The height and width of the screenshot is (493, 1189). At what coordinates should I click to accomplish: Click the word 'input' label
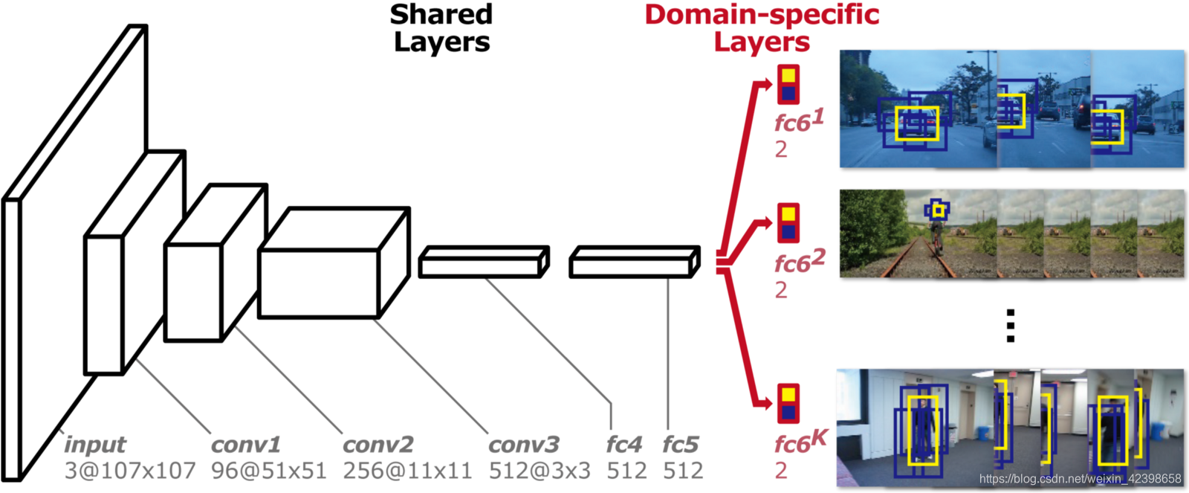95,445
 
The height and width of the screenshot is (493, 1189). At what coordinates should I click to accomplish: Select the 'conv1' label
246,445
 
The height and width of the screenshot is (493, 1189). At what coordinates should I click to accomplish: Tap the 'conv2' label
378,445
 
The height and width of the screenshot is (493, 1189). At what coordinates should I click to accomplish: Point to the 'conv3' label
523,445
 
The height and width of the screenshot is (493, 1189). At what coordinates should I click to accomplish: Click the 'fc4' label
623,445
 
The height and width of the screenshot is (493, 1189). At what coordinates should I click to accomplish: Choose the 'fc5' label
681,445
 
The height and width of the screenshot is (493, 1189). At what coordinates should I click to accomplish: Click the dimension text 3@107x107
130,471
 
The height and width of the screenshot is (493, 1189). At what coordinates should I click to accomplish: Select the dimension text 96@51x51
268,471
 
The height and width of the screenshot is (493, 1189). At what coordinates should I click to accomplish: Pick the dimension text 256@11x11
407,471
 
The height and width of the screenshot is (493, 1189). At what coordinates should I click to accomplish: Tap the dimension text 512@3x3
540,471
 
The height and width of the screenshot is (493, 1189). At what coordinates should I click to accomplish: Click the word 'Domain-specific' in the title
762,15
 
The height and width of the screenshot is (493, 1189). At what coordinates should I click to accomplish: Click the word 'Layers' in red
762,42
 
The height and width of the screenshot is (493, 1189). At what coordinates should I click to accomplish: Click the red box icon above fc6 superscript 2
788,222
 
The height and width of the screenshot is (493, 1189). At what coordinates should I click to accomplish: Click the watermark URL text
1080,479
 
